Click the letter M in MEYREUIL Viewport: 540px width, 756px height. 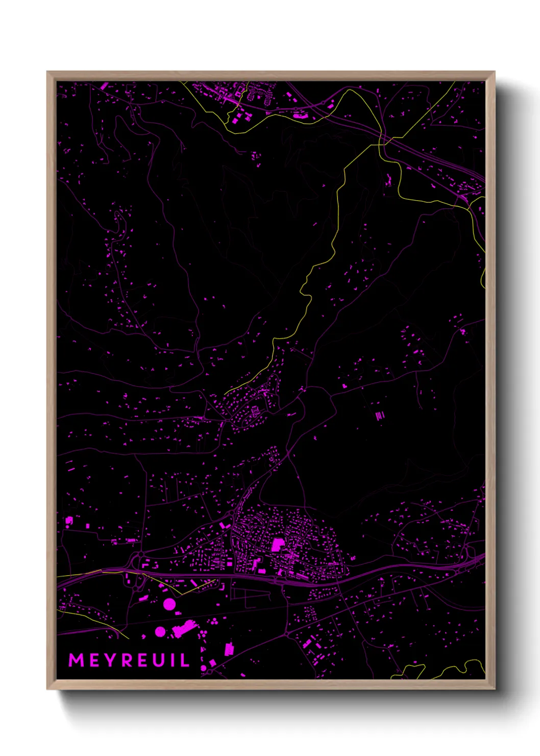coord(77,660)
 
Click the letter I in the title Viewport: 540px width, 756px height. coord(172,660)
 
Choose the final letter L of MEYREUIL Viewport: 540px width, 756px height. coord(184,660)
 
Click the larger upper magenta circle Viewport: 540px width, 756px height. coord(169,605)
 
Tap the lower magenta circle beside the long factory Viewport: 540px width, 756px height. coord(160,632)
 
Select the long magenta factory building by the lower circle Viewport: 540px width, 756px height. coord(185,628)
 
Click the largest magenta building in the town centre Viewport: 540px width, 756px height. coord(277,544)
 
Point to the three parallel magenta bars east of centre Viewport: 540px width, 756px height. coord(380,416)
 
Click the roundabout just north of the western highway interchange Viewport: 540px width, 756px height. coord(140,554)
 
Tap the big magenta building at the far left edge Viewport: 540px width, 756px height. coord(69,521)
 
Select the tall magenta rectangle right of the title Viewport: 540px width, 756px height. coord(229,649)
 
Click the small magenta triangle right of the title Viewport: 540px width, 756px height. coord(212,663)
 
